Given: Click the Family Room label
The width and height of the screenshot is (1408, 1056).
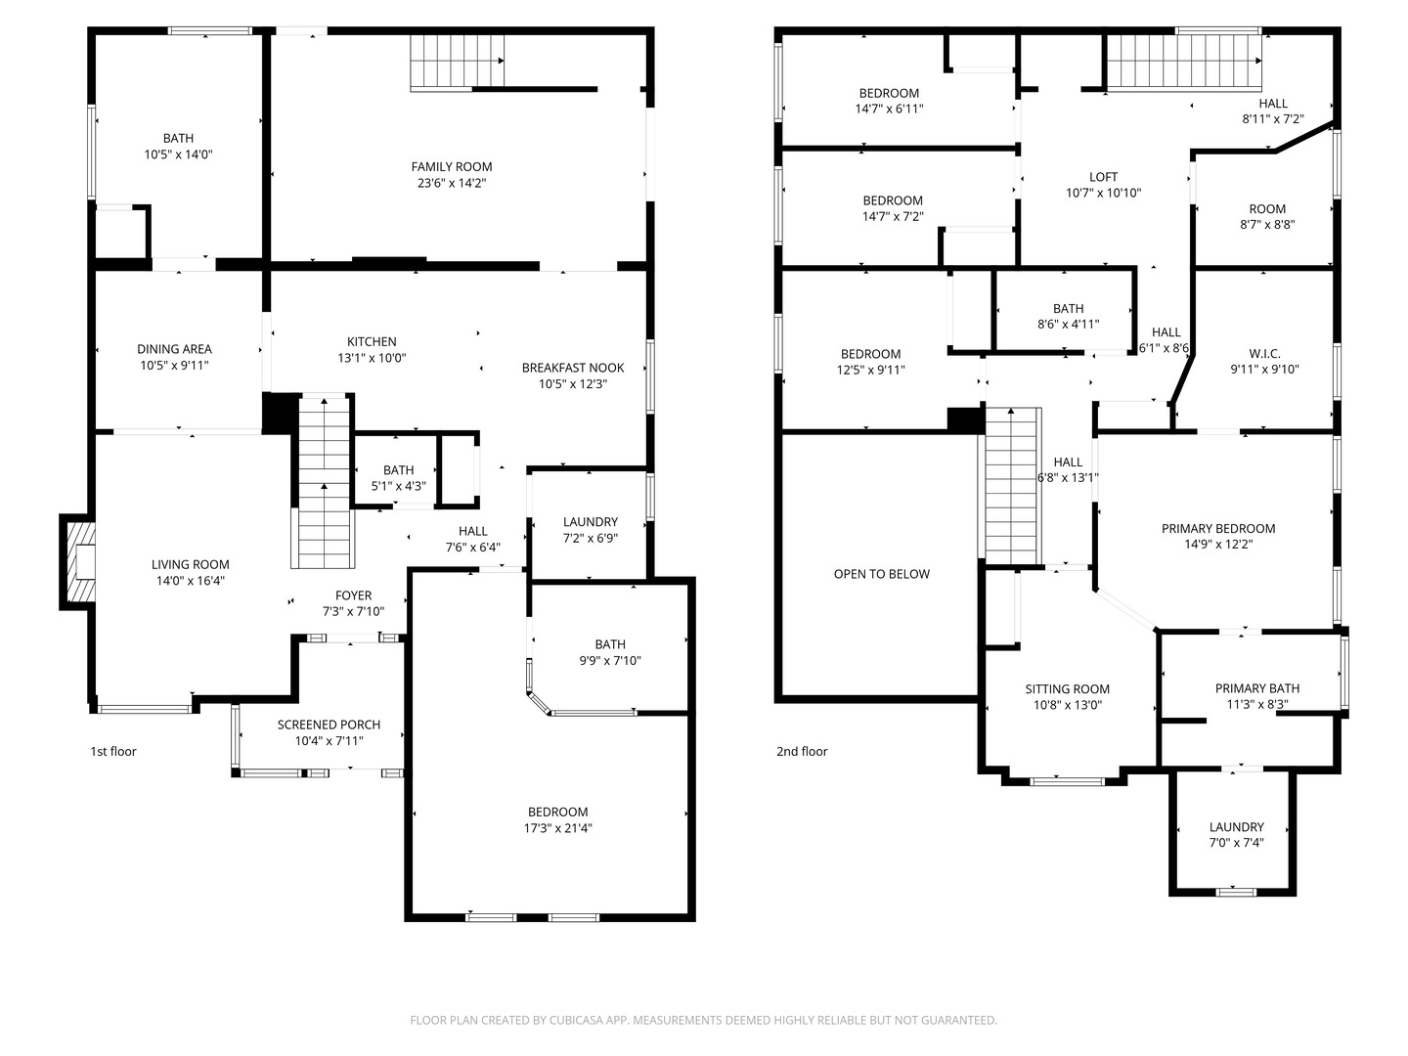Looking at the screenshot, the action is [452, 166].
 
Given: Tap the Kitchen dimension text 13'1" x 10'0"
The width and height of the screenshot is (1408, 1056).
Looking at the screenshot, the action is [373, 358].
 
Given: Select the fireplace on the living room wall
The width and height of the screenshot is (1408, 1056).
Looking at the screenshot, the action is [77, 562].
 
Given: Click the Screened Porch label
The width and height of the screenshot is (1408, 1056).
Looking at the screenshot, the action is [330, 725].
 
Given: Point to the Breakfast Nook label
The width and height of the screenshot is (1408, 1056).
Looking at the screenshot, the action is [573, 368].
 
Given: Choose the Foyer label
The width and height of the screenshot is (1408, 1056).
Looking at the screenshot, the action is [353, 595].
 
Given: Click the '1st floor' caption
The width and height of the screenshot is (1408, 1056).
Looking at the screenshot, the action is [113, 752].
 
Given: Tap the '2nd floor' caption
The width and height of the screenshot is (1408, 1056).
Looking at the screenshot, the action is [802, 752].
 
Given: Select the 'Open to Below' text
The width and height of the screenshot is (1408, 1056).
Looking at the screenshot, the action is [881, 574].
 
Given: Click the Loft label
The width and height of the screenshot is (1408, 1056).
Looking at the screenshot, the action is [1103, 177].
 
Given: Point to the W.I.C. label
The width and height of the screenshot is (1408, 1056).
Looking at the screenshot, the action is [1264, 353].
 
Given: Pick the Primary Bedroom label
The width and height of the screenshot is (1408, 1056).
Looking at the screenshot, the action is [1218, 528].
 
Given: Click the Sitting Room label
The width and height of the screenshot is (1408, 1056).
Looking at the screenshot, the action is [1068, 689].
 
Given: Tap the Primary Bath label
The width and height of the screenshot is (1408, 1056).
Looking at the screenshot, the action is [1257, 688].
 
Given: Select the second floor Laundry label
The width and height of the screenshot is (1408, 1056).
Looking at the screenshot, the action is [1237, 827].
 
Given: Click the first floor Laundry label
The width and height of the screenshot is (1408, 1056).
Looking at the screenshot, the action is [591, 522].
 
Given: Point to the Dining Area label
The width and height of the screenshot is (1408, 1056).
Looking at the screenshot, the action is [174, 349].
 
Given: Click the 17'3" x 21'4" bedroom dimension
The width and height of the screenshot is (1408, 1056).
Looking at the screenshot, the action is [558, 828].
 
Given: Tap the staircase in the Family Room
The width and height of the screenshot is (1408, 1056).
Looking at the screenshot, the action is [457, 63].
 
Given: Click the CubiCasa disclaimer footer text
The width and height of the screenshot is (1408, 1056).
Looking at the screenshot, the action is [704, 1020].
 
